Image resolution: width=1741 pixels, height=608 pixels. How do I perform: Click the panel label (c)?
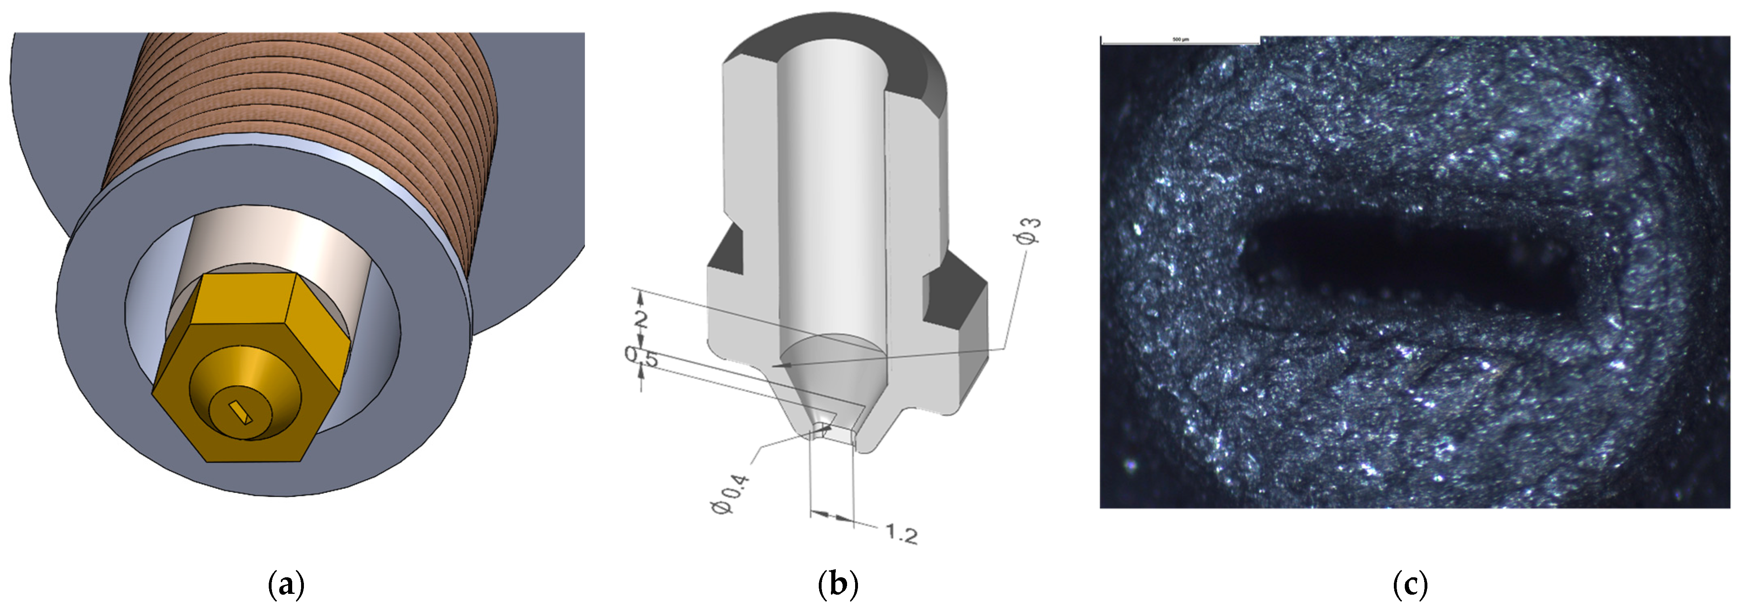pos(1410,584)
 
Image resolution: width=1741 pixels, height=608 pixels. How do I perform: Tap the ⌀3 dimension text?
pos(1026,230)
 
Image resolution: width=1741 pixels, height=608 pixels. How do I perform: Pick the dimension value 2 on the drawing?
pos(640,319)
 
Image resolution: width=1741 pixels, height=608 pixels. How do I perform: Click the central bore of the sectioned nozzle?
pos(831,203)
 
